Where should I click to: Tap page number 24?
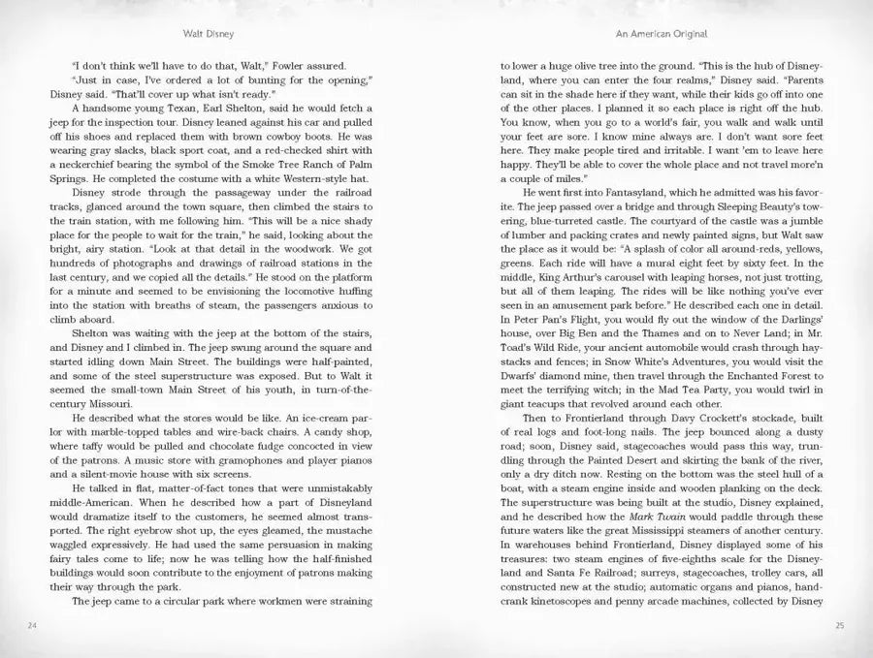pyautogui.click(x=32, y=624)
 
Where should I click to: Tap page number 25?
pyautogui.click(x=839, y=624)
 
